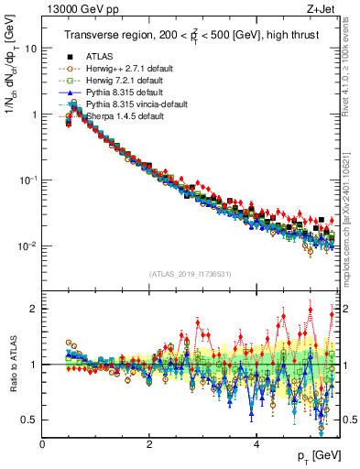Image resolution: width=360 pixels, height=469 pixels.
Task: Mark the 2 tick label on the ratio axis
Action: (35, 309)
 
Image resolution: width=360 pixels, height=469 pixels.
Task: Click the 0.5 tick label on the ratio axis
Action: (31, 420)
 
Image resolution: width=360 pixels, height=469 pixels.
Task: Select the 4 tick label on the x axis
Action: (256, 445)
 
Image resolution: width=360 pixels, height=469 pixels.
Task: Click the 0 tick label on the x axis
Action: (42, 445)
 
